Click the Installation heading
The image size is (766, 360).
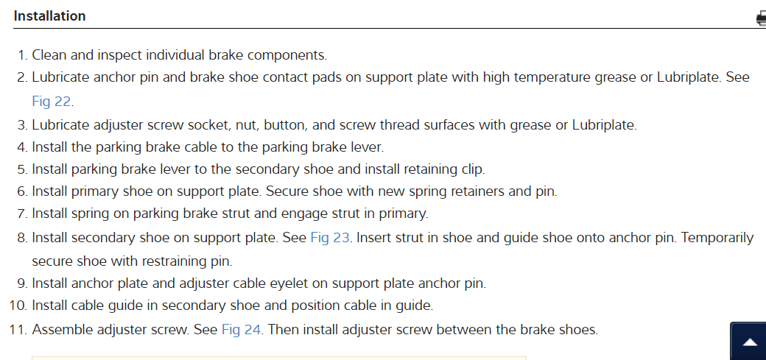pyautogui.click(x=49, y=15)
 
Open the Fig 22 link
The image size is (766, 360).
pyautogui.click(x=51, y=101)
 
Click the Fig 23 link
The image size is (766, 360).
pyautogui.click(x=329, y=238)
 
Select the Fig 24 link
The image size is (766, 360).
pyautogui.click(x=241, y=329)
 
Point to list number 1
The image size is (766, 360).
pyautogui.click(x=22, y=55)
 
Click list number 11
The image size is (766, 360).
pyautogui.click(x=18, y=329)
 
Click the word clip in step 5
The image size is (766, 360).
pyautogui.click(x=471, y=169)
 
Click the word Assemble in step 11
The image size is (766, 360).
pyautogui.click(x=60, y=329)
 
